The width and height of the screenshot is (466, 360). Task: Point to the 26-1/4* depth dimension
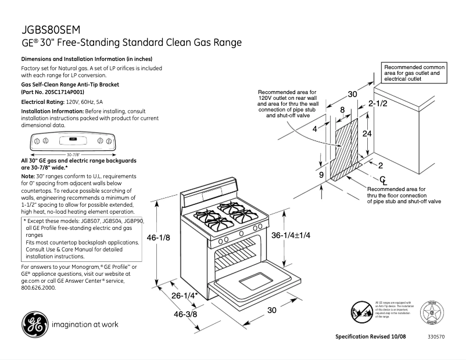[x=185, y=296]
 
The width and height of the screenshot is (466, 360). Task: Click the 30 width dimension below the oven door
[x=271, y=311]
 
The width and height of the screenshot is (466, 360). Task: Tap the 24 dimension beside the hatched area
[x=367, y=133]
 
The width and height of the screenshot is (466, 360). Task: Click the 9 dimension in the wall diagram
[x=320, y=174]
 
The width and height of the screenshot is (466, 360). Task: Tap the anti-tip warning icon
[x=362, y=313]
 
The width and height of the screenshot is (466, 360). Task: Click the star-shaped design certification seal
[x=432, y=314]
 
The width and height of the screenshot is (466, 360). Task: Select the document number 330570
[x=436, y=337]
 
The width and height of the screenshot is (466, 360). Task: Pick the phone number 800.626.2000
[x=38, y=287]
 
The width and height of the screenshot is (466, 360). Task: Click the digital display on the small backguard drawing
[x=73, y=139]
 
